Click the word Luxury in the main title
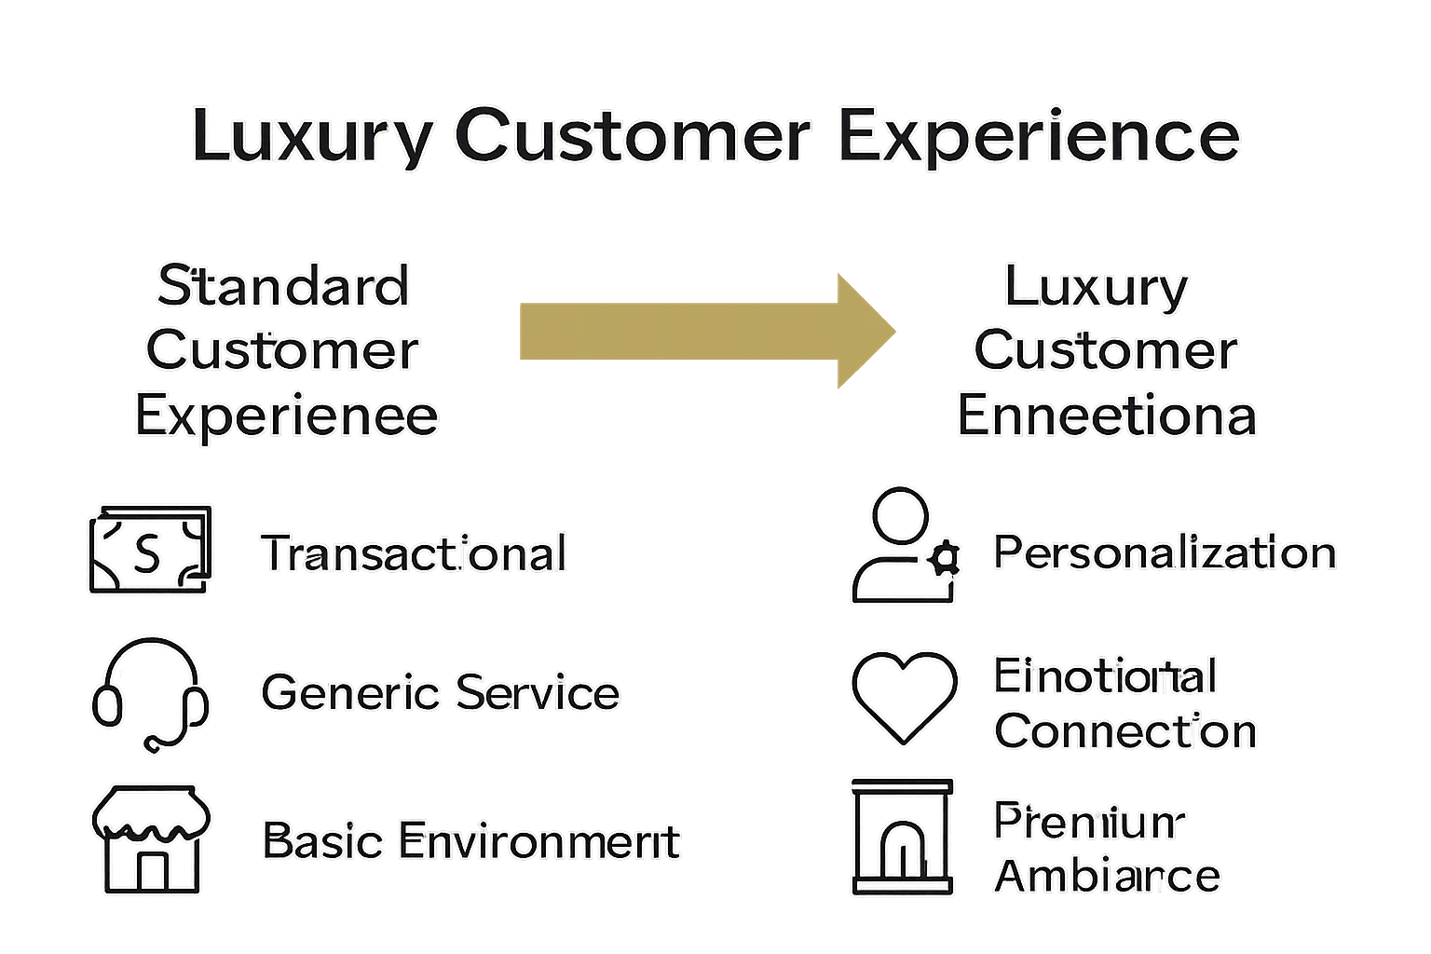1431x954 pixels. (311, 136)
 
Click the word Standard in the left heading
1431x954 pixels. (283, 285)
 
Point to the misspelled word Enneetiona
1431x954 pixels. (1106, 416)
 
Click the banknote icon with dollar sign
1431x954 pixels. (150, 550)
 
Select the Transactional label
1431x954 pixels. (413, 553)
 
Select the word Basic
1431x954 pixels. (322, 840)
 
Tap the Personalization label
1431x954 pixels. (1165, 552)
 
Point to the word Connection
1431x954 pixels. (1125, 731)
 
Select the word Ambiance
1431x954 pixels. (1107, 876)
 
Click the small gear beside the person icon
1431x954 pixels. (945, 559)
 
